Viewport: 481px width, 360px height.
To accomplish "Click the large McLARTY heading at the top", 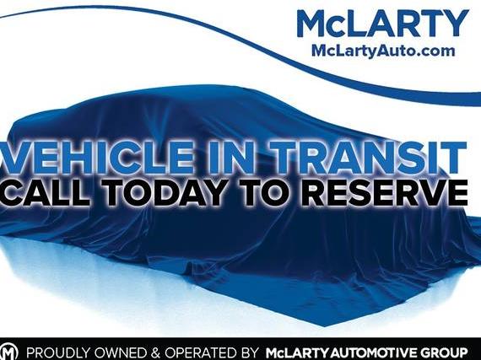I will [381, 23].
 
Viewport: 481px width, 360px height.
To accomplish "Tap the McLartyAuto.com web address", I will [382, 51].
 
